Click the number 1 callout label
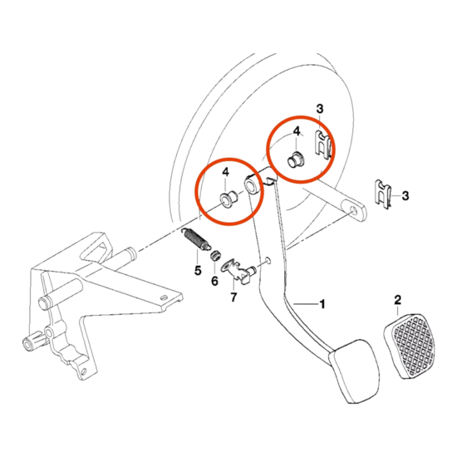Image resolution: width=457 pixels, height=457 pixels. click(x=322, y=305)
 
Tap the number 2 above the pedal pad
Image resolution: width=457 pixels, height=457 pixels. click(x=397, y=299)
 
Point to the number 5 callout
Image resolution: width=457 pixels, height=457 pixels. click(x=197, y=269)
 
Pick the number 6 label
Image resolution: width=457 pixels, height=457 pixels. click(x=214, y=280)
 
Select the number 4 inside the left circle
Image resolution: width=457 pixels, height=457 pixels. click(x=224, y=172)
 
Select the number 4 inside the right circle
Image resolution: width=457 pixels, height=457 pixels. click(x=293, y=130)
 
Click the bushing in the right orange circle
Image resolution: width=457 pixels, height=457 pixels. click(x=293, y=159)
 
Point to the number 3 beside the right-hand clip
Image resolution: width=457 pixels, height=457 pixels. click(x=404, y=196)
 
